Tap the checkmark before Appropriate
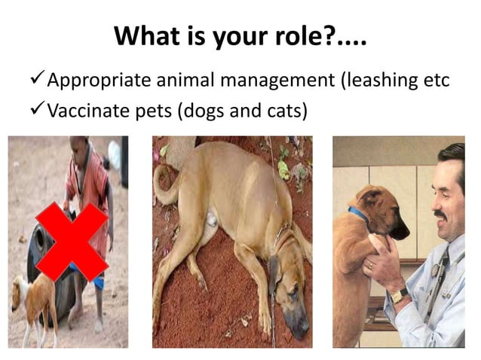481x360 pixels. point(37,79)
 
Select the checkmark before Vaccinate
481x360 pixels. point(37,111)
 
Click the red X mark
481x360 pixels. point(72,242)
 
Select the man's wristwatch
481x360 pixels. point(399,293)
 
